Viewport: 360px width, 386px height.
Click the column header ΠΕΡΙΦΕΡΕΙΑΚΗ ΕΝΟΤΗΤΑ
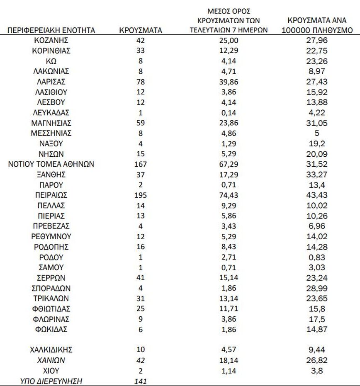point(51,30)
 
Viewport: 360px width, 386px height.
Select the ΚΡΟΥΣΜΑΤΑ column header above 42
point(140,30)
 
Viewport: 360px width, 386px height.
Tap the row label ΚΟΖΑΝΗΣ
point(51,40)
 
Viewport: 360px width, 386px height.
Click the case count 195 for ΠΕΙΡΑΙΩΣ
point(140,195)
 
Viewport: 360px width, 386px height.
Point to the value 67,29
point(229,164)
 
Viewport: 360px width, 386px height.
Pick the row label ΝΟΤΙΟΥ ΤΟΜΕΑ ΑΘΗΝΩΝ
point(51,164)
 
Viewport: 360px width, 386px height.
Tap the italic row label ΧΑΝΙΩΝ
point(51,360)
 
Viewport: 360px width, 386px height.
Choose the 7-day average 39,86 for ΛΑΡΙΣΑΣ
point(229,82)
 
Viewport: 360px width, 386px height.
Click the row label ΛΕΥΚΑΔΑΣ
point(51,112)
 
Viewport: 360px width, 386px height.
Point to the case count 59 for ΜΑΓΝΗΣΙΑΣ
point(140,123)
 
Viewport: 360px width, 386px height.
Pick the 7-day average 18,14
point(229,360)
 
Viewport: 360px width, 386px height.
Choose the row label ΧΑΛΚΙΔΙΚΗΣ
point(51,350)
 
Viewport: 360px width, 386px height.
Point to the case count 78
point(140,82)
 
